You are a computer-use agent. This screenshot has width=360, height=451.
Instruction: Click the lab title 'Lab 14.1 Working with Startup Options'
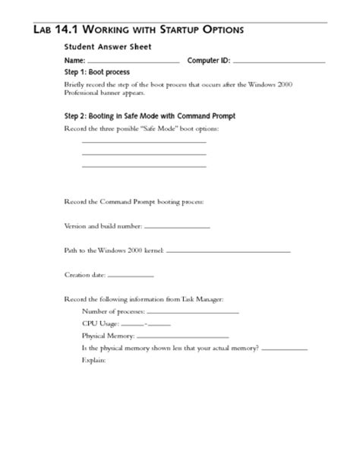pyautogui.click(x=139, y=30)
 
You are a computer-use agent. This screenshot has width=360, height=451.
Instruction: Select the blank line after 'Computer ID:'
pyautogui.click(x=279, y=61)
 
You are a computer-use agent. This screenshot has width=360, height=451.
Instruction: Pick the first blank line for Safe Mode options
pyautogui.click(x=144, y=142)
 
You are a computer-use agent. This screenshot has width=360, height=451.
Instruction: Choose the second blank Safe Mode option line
pyautogui.click(x=144, y=154)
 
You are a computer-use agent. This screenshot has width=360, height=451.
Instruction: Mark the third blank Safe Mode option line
pyautogui.click(x=144, y=166)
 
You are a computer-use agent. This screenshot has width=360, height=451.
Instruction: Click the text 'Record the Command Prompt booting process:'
pyautogui.click(x=134, y=201)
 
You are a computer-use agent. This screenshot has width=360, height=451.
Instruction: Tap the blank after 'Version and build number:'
pyautogui.click(x=176, y=227)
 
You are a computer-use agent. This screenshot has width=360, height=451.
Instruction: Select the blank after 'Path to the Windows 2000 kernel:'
pyautogui.click(x=228, y=251)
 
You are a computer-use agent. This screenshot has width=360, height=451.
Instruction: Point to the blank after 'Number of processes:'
pyautogui.click(x=193, y=312)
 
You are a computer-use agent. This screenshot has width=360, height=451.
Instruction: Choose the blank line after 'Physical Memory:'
pyautogui.click(x=182, y=336)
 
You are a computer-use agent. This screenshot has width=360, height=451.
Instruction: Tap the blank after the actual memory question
pyautogui.click(x=284, y=348)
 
